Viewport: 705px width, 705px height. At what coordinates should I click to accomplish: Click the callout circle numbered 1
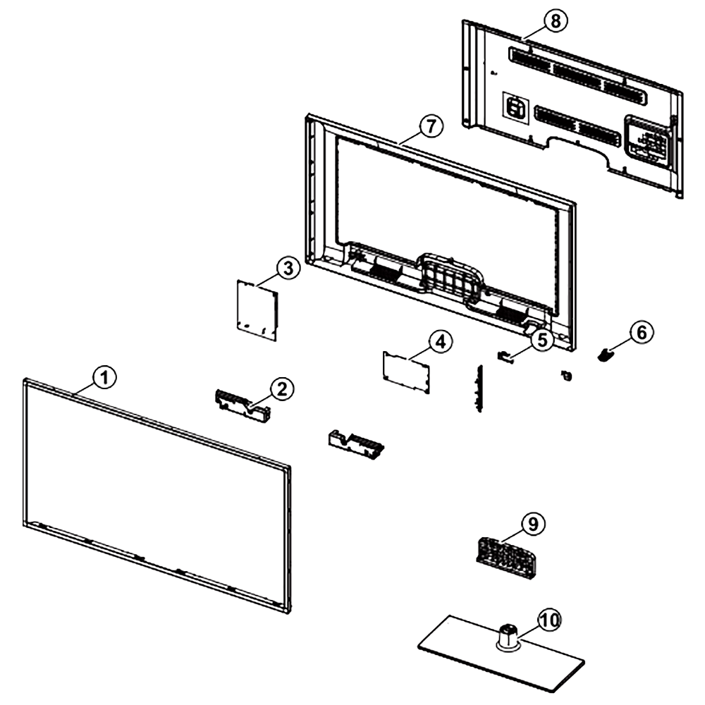click(x=105, y=378)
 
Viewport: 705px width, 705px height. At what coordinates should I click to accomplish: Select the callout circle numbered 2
click(x=282, y=388)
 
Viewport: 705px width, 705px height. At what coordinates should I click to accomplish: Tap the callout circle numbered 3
click(x=288, y=268)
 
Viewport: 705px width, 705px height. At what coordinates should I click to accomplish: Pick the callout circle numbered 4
click(x=441, y=342)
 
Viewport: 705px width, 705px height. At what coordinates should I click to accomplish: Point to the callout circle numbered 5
click(x=542, y=340)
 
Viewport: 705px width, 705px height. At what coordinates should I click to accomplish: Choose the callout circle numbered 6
click(x=641, y=333)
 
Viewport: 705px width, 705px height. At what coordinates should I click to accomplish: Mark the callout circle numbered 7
click(x=431, y=126)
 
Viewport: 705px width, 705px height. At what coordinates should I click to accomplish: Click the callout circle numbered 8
click(x=556, y=21)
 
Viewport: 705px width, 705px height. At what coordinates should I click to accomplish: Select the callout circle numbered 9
click(x=533, y=524)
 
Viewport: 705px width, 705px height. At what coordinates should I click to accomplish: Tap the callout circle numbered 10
click(x=549, y=620)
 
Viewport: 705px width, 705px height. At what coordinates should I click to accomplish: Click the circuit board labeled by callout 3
click(x=257, y=310)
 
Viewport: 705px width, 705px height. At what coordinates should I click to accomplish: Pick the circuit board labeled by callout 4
click(x=406, y=372)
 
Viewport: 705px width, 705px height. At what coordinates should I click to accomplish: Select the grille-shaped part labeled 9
click(x=506, y=558)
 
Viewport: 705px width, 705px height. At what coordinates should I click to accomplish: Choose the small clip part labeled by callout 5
click(x=505, y=356)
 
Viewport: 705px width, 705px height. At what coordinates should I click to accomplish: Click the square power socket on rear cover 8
click(x=515, y=107)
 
